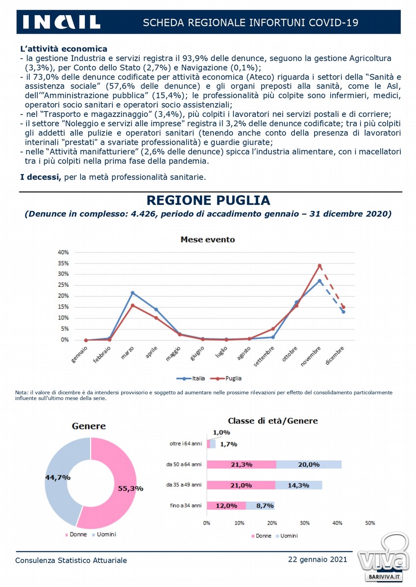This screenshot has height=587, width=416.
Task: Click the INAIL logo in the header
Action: (61, 22)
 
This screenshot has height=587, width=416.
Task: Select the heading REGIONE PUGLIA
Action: (208, 200)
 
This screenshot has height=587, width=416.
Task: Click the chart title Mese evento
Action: (208, 240)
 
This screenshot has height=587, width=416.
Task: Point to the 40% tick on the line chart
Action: (63, 252)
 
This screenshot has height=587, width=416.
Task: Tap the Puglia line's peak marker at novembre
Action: (319, 266)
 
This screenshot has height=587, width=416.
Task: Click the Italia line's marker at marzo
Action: (132, 293)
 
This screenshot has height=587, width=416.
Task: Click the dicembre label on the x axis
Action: (335, 356)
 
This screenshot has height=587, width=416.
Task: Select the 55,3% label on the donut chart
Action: (131, 488)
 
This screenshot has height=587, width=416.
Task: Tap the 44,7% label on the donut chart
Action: (58, 477)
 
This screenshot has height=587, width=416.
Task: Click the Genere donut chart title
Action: (89, 427)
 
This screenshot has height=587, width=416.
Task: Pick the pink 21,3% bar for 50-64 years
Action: (242, 465)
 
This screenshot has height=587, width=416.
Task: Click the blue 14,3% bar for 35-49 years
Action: (298, 485)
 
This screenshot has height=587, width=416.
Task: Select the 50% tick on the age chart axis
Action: (370, 523)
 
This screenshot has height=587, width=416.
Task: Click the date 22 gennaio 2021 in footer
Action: (318, 559)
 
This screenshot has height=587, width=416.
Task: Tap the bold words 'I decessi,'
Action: (41, 177)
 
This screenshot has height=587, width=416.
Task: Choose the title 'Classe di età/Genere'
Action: (273, 421)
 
